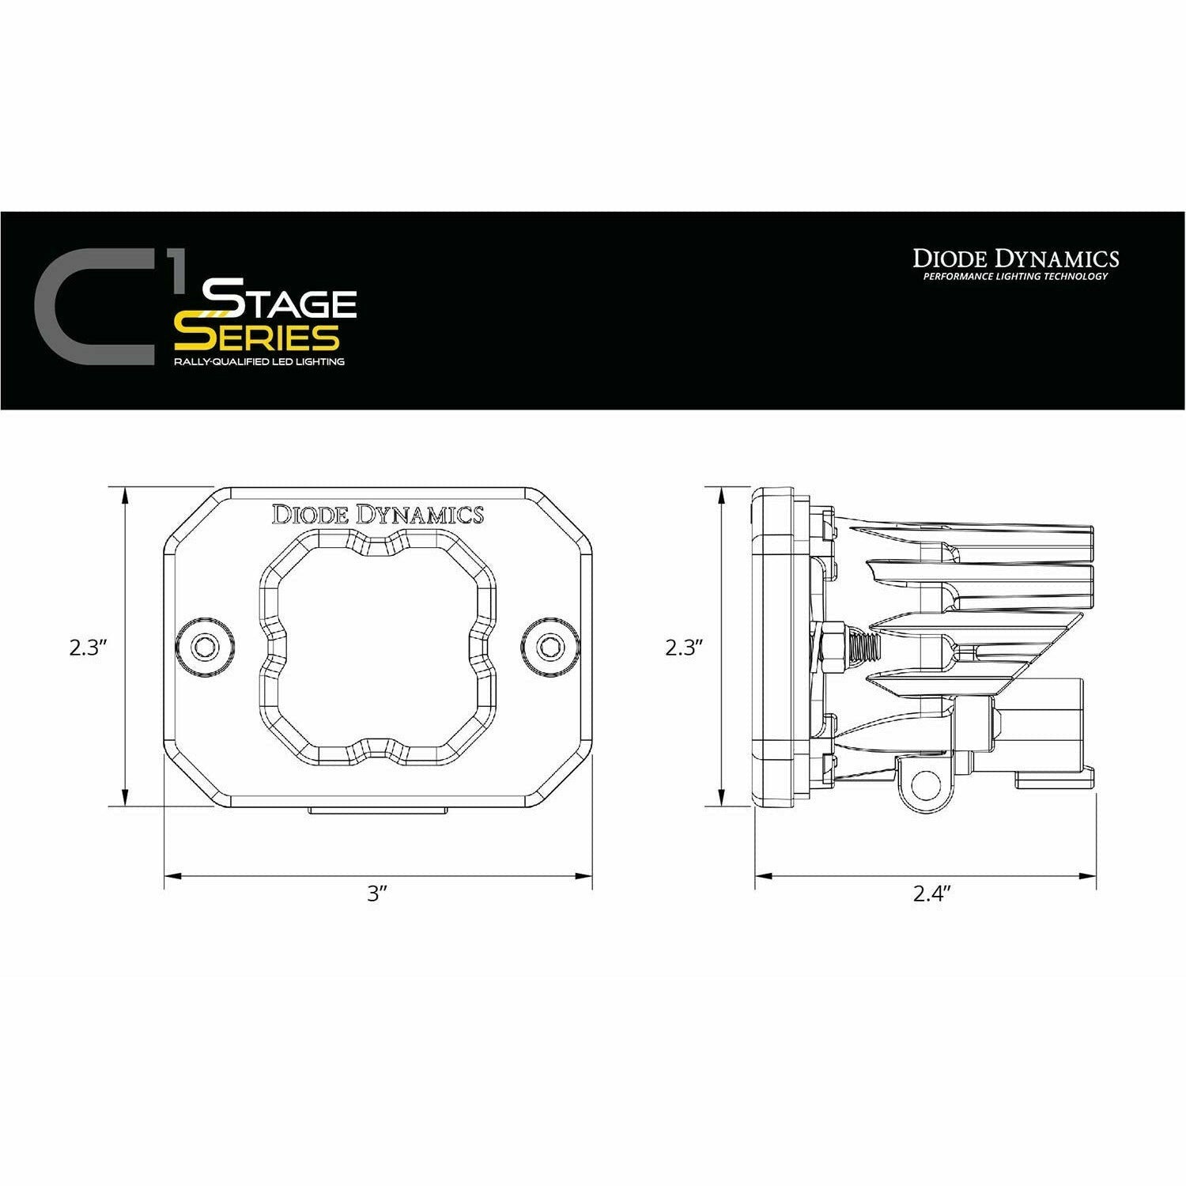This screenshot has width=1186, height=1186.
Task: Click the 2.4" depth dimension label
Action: (x=931, y=894)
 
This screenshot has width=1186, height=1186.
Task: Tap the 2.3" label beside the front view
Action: (x=87, y=648)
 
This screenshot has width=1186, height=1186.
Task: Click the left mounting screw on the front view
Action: (x=207, y=646)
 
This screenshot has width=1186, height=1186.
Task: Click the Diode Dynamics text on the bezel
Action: (x=377, y=515)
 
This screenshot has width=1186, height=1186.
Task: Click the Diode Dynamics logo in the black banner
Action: (x=1015, y=259)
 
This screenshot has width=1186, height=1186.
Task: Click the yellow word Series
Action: (x=257, y=338)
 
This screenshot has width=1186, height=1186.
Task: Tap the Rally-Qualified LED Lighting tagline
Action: (x=259, y=361)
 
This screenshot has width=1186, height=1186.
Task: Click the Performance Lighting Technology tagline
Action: (x=1015, y=277)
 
